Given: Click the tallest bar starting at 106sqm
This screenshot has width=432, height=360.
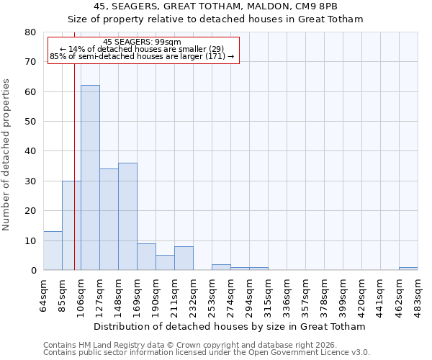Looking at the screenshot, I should [90, 178].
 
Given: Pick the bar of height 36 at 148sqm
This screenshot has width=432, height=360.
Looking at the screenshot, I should [127, 217].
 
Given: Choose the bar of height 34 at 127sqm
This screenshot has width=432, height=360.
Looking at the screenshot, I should [109, 220].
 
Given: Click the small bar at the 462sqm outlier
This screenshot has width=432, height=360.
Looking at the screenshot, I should [408, 269].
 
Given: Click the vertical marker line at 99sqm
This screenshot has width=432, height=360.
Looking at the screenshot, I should [74, 144].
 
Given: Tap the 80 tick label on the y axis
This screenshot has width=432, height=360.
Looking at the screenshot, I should [30, 32].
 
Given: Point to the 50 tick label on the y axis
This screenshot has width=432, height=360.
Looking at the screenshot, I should [30, 122].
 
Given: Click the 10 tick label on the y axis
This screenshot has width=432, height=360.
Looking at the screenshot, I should [30, 240].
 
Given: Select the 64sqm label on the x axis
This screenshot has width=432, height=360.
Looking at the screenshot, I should [44, 294].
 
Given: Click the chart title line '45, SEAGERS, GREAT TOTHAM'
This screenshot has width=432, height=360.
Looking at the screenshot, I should [215, 6].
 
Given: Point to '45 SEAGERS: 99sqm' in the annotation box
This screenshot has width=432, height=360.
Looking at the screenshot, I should [142, 42].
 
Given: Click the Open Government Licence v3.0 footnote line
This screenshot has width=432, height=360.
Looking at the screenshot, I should [207, 353].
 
